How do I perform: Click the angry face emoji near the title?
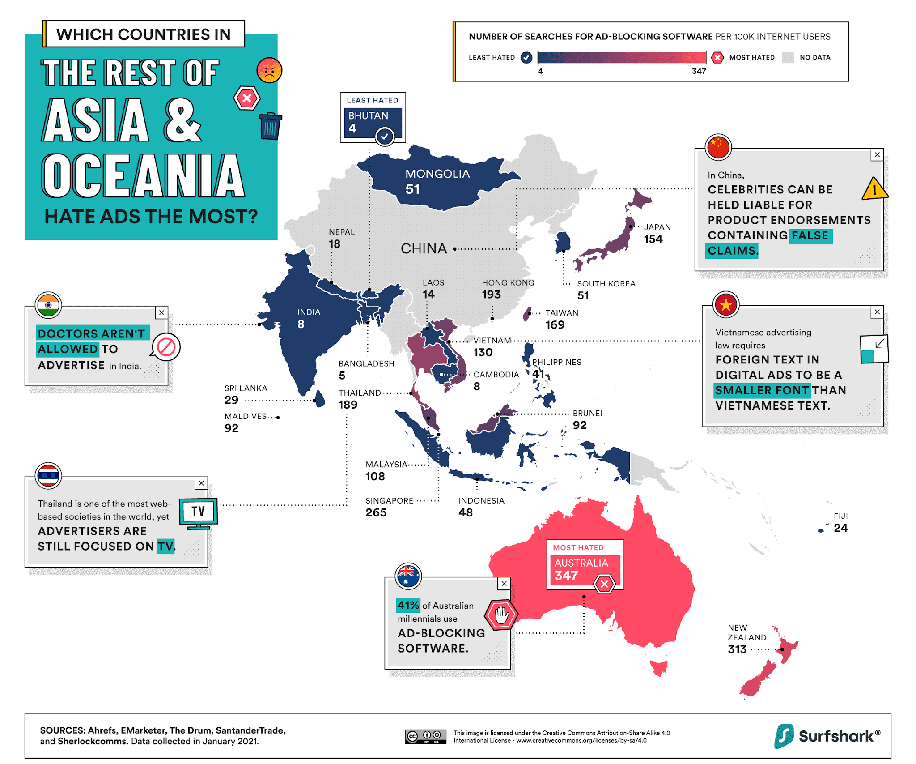pos(269,70)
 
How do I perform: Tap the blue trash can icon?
pos(271,126)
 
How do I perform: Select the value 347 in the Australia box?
pos(566,576)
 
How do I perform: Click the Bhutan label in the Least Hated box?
pos(368,115)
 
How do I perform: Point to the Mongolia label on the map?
pos(437,174)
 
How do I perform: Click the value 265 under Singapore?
pos(376,512)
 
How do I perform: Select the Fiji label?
pos(841,516)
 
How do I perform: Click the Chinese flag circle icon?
pos(718,147)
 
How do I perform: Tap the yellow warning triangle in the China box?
pos(874,189)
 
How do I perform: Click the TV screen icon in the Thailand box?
pos(198,511)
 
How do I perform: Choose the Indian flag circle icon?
pos(48,305)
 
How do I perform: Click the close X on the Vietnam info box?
pos(877,312)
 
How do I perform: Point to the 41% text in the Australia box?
pos(408,605)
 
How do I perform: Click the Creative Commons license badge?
pos(425,736)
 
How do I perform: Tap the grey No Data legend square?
pos(788,57)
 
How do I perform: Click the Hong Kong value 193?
pos(491,295)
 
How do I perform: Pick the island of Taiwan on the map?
pos(527,314)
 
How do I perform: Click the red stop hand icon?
pos(501,615)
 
